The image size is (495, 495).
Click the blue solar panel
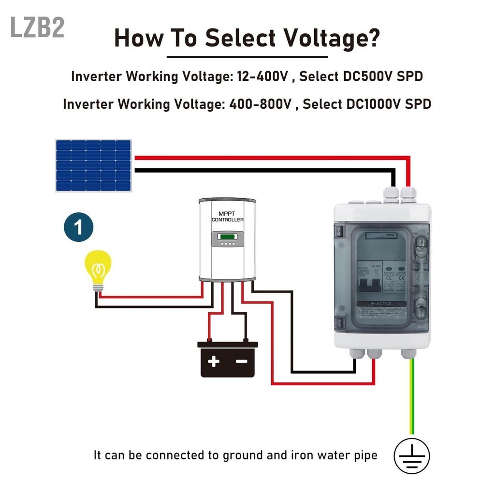pos(93,165)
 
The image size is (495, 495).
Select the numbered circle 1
pos(78,227)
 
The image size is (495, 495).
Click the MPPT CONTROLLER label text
pos(227,217)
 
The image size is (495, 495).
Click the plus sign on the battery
pos(214,361)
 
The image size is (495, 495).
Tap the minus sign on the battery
pos(241,361)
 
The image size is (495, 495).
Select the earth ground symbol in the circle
pos(411,455)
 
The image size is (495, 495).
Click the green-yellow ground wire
pos(411,396)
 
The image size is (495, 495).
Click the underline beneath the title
pos(247,57)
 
